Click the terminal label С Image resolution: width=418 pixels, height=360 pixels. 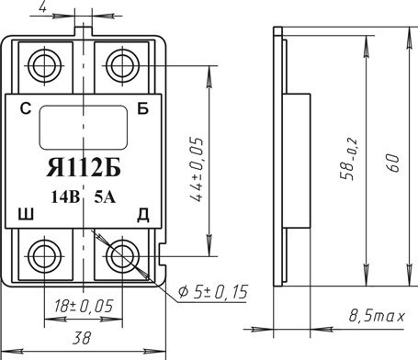coord(26,108)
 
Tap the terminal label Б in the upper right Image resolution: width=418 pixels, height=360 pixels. coord(142,108)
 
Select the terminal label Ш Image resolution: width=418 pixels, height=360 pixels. coord(26,214)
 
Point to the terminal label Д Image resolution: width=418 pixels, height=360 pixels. coord(142,215)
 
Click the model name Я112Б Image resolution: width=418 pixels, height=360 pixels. coord(84,168)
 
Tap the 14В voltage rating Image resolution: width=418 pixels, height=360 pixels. coord(65,197)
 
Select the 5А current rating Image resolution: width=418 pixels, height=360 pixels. coord(105,197)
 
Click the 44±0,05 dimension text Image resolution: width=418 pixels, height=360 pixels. coord(197,169)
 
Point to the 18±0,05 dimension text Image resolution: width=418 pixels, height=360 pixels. coord(84,306)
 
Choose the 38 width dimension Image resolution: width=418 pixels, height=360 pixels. coord(82,338)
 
